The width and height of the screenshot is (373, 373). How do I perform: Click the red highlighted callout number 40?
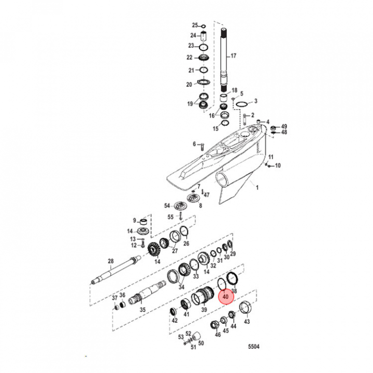[225, 297]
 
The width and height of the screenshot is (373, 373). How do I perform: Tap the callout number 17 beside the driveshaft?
[233, 55]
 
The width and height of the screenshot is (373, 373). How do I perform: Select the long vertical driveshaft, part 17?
[224, 60]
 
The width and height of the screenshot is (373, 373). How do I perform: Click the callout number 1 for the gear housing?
[257, 188]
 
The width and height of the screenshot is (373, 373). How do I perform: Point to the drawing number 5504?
[253, 347]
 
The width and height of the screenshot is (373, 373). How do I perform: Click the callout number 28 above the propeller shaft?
[111, 261]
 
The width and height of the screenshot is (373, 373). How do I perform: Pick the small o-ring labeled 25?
[204, 26]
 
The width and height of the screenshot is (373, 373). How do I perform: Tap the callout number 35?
[142, 310]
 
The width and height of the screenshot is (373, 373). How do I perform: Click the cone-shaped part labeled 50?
[196, 336]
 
